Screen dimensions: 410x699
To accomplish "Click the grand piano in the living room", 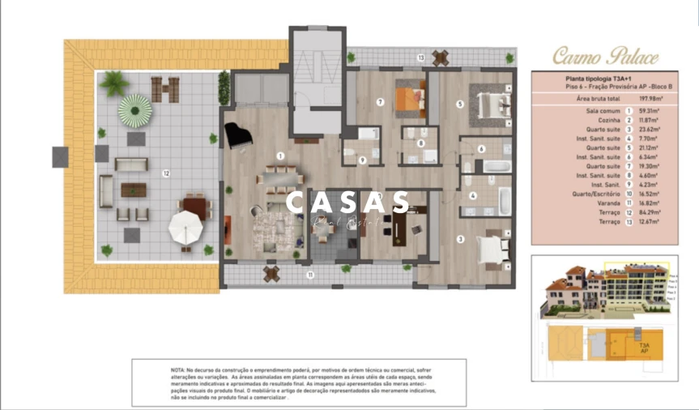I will [x=239, y=135].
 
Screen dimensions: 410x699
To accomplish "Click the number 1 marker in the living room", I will [x=280, y=155].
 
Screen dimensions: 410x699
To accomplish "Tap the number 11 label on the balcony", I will [x=309, y=274].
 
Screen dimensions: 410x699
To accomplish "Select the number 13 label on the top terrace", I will [x=420, y=58].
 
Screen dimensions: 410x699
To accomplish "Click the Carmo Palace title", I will [x=606, y=56].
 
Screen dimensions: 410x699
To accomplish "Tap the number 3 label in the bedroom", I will [x=459, y=238].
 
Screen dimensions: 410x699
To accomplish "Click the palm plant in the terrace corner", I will [x=114, y=82].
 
